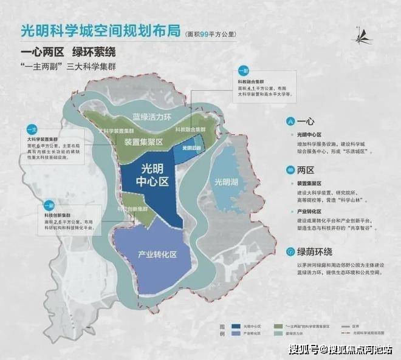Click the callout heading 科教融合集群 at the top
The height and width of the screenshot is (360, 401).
247,80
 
